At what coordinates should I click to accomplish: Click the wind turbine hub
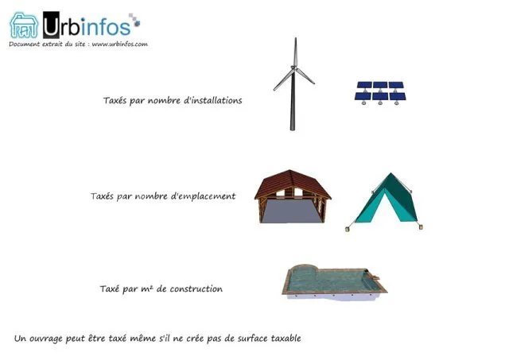point(293,68)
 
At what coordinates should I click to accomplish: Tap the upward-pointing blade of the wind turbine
point(295,52)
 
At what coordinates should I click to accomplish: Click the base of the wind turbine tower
point(293,128)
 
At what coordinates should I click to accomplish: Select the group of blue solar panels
point(380,93)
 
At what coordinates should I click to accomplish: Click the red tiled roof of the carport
point(292,183)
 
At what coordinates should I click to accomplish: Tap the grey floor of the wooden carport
point(291,211)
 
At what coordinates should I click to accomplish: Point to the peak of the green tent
point(390,173)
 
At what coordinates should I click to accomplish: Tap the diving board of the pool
point(375,277)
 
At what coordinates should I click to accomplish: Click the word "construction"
point(196,288)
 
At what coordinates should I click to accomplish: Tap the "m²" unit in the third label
point(146,288)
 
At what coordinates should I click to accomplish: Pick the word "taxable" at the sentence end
point(286,339)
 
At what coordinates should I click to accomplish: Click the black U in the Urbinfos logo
point(51,25)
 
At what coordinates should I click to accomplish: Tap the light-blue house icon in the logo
point(24,25)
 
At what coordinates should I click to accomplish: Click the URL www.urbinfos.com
point(120,45)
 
